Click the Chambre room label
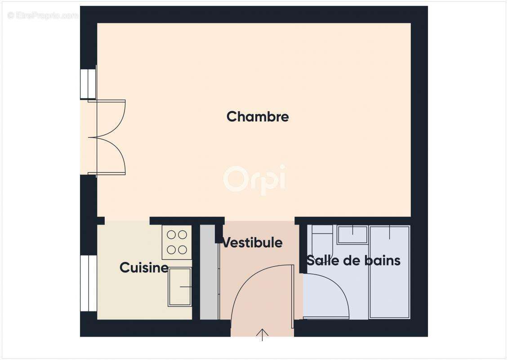[x=258, y=117]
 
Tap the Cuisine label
[x=144, y=268]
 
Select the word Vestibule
[x=253, y=243]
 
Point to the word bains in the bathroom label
[x=383, y=260]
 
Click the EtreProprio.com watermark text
[x=43, y=15]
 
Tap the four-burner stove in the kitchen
[x=177, y=242]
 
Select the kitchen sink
[x=179, y=287]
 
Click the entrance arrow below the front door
[x=262, y=335]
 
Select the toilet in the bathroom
[x=321, y=236]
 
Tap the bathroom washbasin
[x=352, y=234]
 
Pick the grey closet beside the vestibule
[x=208, y=272]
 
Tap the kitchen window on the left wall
[x=89, y=283]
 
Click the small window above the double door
[x=88, y=84]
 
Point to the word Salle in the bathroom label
[x=322, y=260]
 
